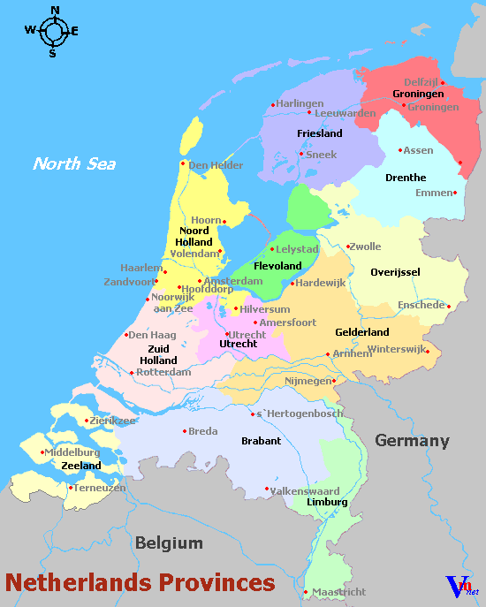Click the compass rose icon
click(53, 31)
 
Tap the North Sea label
click(74, 163)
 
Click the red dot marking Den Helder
click(183, 163)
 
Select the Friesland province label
click(319, 133)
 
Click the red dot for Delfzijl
click(443, 83)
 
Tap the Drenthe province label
click(406, 178)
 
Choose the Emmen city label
click(433, 193)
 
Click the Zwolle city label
click(366, 247)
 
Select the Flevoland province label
click(277, 265)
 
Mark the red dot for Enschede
click(449, 307)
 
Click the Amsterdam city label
click(233, 281)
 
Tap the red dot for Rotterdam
click(133, 372)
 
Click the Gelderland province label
click(362, 332)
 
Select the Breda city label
click(202, 431)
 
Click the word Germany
click(412, 441)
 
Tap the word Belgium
click(169, 543)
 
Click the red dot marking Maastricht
click(305, 592)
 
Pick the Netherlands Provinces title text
click(140, 582)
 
